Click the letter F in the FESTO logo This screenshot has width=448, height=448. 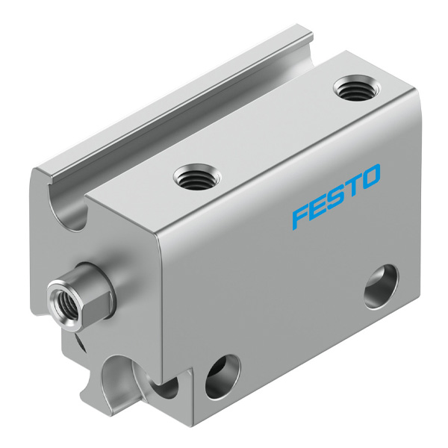point(302,218)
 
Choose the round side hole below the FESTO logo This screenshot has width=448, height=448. point(382,287)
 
